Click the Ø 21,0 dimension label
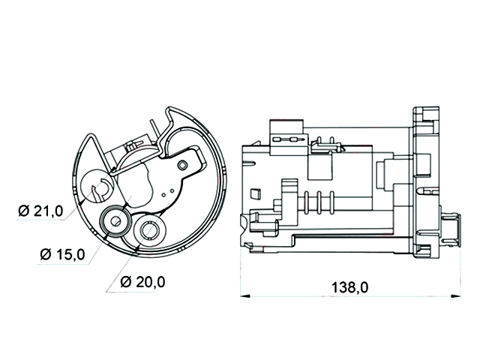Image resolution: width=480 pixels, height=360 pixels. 40,211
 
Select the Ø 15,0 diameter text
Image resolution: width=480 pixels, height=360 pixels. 62,254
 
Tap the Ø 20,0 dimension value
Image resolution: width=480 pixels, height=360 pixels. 143,282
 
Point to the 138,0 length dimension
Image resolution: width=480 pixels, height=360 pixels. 350,287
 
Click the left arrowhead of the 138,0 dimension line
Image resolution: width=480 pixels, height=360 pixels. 245,296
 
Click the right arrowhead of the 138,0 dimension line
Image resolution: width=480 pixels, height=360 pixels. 456,296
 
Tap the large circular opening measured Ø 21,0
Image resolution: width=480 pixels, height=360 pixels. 97,186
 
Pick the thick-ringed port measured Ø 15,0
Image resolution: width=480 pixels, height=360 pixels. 115,221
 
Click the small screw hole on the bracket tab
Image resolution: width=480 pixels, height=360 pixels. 183,165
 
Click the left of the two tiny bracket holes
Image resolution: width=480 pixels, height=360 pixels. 163,194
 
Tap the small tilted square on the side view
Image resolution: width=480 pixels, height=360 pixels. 255,194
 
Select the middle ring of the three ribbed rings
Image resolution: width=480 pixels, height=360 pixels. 319,202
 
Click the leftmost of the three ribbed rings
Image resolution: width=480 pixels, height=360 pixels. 306,202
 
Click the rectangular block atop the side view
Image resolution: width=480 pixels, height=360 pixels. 286,127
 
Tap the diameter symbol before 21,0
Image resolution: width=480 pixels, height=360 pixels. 24,211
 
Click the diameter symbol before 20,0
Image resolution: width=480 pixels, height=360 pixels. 126,282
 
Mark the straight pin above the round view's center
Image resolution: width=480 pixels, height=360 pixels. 154,130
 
